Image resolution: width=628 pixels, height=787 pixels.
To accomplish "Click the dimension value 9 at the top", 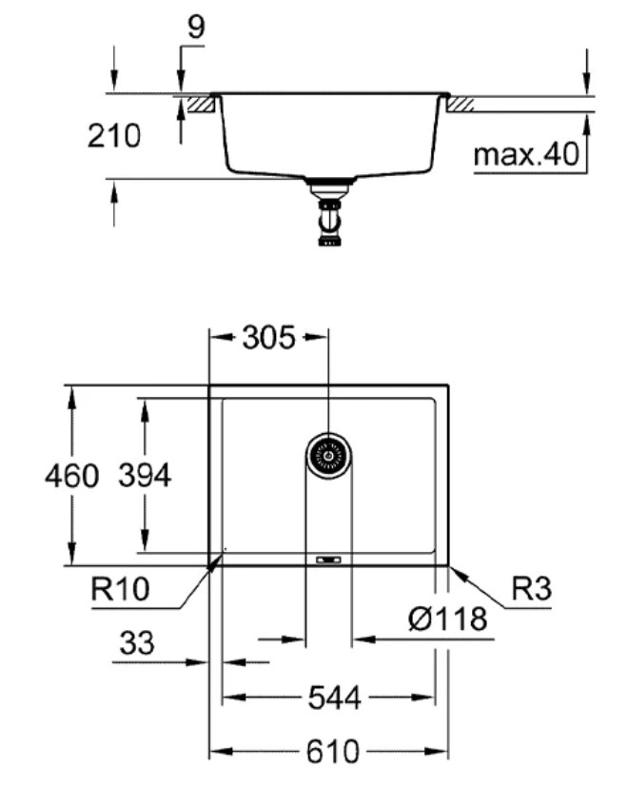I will [194, 27].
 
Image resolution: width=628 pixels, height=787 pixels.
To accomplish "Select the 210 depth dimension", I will [113, 136].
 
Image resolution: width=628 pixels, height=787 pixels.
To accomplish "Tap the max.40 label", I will [526, 154].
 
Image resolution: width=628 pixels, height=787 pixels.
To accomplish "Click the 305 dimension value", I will [267, 337].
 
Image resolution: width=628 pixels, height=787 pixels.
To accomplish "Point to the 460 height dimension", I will [71, 476].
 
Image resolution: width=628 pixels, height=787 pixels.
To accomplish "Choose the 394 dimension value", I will [144, 476].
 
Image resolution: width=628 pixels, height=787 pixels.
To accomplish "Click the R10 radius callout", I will [120, 590].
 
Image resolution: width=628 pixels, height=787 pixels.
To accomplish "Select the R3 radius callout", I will [531, 590].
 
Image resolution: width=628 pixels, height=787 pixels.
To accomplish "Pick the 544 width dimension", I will [334, 698].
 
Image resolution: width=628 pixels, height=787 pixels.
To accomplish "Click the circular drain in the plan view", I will [328, 456].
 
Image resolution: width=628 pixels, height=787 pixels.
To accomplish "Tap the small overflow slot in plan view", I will [328, 559].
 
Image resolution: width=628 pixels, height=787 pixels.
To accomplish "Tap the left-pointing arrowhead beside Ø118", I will [363, 639].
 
